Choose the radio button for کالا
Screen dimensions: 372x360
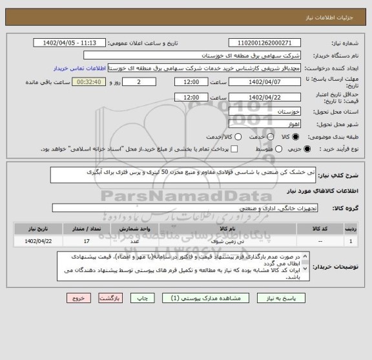click(x=296, y=137)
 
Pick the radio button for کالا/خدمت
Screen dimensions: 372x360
click(x=238, y=137)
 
